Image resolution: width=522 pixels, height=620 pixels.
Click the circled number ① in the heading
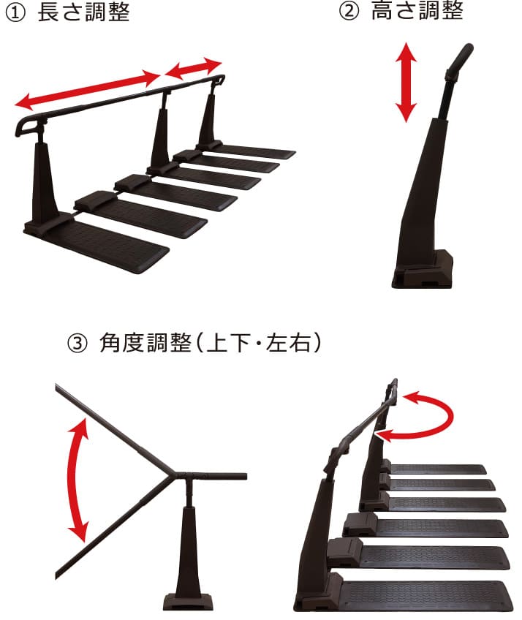click(15, 12)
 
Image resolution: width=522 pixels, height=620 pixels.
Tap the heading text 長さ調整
click(83, 12)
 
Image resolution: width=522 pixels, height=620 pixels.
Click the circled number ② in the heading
click(349, 11)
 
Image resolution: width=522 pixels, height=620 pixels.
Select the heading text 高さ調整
click(417, 11)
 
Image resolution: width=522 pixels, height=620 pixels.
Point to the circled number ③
click(77, 343)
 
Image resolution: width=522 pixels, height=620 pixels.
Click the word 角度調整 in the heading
click(145, 342)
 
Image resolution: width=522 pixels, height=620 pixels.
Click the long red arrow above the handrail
click(87, 89)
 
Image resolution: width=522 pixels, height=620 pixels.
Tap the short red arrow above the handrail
click(193, 68)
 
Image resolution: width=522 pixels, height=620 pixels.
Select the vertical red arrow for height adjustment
click(406, 82)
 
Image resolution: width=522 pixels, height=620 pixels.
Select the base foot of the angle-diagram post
click(187, 601)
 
